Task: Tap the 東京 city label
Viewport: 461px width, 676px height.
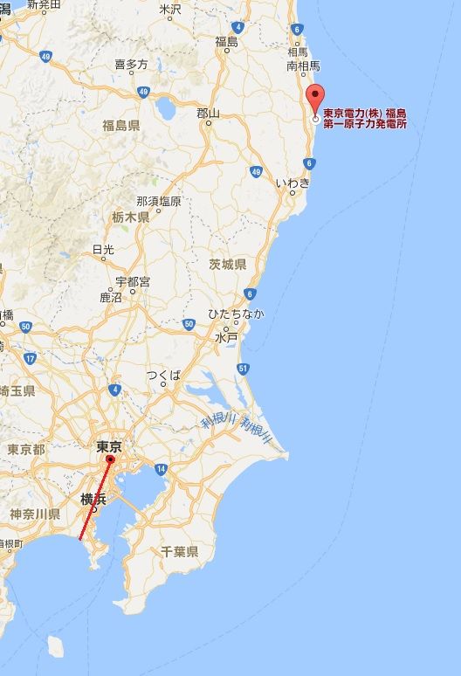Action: [x=109, y=446]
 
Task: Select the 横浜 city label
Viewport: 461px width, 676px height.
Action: [x=93, y=499]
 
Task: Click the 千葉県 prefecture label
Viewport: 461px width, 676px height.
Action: [x=179, y=551]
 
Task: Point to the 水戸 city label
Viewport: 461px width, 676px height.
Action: [x=226, y=337]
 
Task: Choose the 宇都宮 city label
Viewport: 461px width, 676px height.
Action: [x=133, y=281]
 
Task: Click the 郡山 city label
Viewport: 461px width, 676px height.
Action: [x=209, y=113]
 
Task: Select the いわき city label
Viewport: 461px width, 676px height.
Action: [x=292, y=183]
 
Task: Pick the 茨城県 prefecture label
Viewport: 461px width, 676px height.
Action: [x=227, y=264]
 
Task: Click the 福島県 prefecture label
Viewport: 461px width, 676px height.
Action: [x=120, y=125]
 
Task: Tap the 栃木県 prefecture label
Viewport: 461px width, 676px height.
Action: [x=131, y=217]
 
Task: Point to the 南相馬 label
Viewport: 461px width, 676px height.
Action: [x=303, y=66]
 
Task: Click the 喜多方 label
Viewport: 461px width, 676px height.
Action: [x=131, y=65]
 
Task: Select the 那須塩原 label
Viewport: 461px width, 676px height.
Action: [x=159, y=201]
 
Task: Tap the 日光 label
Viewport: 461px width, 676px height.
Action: [x=103, y=249]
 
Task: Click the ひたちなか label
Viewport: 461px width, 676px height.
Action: [x=235, y=314]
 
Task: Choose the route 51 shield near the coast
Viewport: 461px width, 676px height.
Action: [x=243, y=369]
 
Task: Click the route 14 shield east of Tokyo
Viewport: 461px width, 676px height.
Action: [x=161, y=470]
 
